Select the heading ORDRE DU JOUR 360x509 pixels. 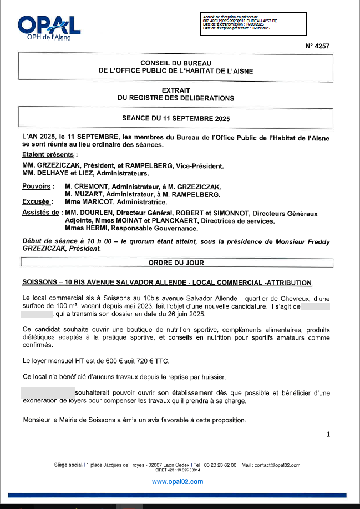176,262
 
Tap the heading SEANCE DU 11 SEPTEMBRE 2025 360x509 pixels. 176,118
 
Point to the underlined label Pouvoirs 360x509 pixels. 36,187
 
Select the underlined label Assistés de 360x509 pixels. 40,213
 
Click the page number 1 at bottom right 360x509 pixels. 329,435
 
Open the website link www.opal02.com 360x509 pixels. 177,481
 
